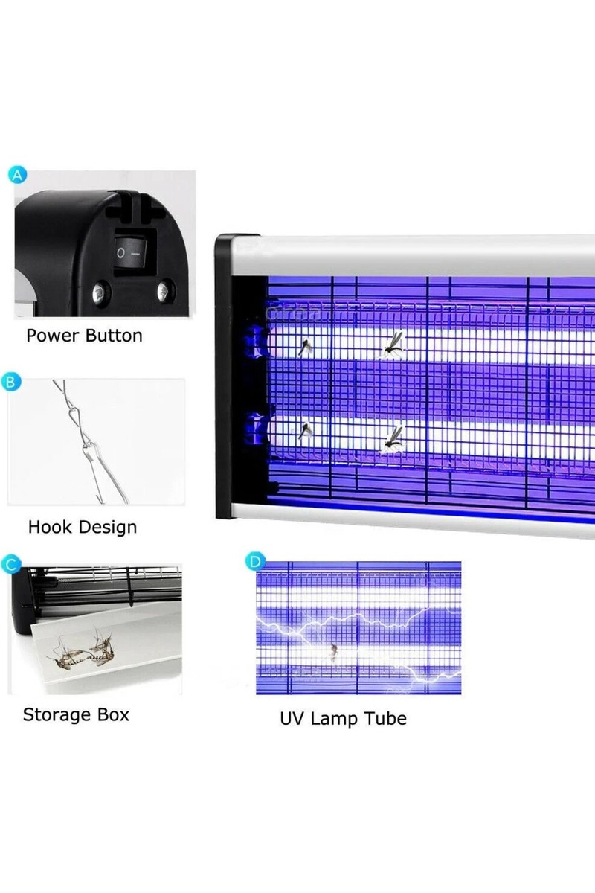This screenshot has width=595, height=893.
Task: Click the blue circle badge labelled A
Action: (x=17, y=176)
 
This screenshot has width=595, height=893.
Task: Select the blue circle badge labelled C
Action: (x=10, y=564)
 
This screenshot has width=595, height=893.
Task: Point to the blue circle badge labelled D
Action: (x=254, y=561)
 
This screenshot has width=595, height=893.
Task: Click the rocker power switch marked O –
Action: (x=130, y=252)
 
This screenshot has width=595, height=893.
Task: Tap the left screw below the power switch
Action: (x=101, y=293)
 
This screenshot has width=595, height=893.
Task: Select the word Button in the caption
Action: (x=114, y=336)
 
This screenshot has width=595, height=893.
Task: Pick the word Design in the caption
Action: (x=108, y=528)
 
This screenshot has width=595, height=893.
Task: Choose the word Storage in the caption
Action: (x=58, y=715)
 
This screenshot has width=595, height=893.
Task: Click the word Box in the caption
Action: (x=114, y=714)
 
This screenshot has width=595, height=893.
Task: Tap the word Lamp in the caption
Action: (x=335, y=719)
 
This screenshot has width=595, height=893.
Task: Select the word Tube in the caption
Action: (x=385, y=718)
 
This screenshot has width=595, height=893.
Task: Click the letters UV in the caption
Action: (x=293, y=718)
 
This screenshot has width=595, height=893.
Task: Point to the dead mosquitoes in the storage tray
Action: (x=82, y=649)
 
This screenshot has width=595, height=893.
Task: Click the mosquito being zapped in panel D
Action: (x=333, y=652)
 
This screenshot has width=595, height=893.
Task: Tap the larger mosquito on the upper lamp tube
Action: (x=393, y=344)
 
